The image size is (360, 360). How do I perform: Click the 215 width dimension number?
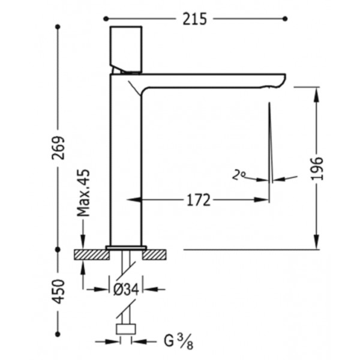click(194, 19)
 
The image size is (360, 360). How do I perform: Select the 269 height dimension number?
click(58, 148)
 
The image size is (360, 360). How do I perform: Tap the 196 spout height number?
click(317, 168)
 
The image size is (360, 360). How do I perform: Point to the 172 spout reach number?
click(199, 200)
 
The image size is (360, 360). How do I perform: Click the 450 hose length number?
click(58, 292)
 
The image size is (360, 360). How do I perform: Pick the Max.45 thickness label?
click(83, 193)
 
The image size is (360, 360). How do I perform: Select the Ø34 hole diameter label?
click(126, 290)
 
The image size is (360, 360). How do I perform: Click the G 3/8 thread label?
click(179, 341)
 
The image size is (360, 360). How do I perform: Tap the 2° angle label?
click(239, 175)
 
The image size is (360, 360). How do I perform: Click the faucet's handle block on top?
click(126, 49)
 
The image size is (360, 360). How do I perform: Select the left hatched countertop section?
click(92, 254)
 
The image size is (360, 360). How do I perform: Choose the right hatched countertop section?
click(154, 254)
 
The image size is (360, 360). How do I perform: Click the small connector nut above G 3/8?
click(126, 329)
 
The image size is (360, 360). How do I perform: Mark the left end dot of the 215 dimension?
click(106, 19)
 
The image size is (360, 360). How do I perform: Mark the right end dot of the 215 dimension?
click(285, 19)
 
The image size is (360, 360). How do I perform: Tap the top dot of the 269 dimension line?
click(58, 27)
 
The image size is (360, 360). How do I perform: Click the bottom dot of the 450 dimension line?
click(58, 334)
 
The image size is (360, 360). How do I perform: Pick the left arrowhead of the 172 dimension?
click(134, 200)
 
